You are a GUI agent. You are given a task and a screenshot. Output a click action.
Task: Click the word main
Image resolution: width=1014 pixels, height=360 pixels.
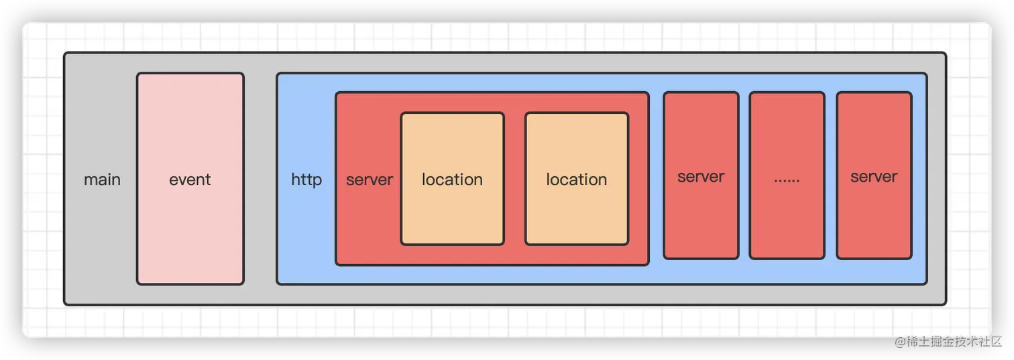102,180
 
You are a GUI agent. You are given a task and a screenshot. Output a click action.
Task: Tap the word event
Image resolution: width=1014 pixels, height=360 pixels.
190,180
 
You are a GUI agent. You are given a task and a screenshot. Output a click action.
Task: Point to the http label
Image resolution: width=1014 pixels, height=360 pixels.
306,180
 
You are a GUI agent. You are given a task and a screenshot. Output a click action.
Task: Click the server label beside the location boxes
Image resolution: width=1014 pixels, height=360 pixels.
370,180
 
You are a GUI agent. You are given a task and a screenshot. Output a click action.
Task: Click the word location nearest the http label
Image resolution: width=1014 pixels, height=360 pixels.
452,180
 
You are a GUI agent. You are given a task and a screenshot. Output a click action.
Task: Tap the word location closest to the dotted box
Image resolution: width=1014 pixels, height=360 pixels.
577,180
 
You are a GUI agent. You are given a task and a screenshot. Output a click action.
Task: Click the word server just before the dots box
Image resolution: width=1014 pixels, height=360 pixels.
701,177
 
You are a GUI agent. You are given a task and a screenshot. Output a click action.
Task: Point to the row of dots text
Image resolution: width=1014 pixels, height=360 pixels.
787,180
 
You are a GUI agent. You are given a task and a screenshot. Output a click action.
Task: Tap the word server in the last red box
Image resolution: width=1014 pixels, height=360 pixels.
874,177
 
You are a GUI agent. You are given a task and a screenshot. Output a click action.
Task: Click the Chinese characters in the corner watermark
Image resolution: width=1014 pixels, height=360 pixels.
953,341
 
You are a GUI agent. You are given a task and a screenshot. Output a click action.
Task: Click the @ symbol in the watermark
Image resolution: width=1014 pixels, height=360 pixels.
899,341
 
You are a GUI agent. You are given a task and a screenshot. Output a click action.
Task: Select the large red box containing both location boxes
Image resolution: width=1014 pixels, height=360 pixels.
492,255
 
